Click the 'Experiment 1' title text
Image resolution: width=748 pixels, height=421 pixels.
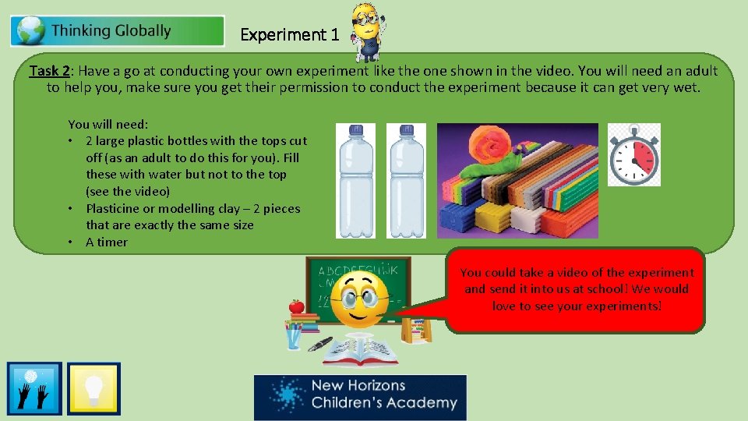290,35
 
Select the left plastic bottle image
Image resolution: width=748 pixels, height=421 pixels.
355,180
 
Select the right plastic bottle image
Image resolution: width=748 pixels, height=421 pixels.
406,180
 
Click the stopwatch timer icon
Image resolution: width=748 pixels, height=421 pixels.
633,155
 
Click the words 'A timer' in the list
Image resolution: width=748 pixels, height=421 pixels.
107,242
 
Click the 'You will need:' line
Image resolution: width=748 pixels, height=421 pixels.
108,124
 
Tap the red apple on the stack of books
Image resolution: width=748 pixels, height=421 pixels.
296,306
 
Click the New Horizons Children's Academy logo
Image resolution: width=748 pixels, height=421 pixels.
360,397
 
